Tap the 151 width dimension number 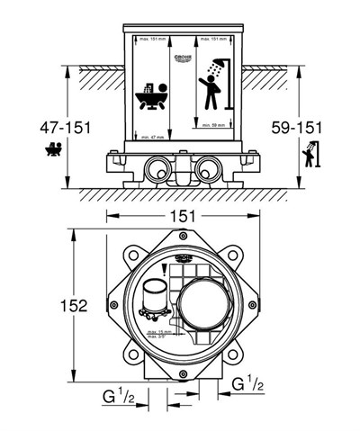183,216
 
